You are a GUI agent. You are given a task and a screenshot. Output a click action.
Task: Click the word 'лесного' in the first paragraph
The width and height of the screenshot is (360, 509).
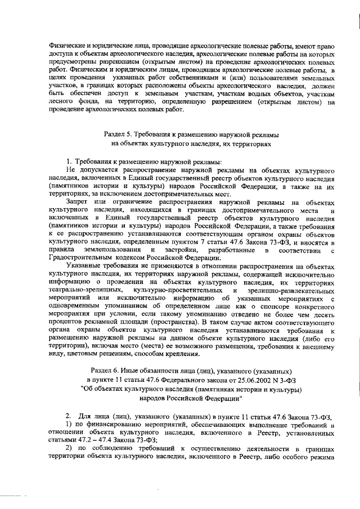[x=61, y=101]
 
